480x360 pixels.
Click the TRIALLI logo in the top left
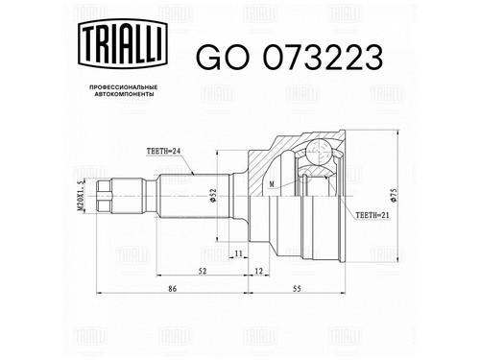click(123, 43)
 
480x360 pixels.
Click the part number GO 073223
click(289, 58)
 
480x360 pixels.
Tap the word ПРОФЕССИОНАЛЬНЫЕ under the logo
click(123, 87)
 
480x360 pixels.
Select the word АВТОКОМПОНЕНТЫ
click(123, 94)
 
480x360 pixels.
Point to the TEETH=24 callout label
click(163, 151)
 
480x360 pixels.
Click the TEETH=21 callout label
click(372, 215)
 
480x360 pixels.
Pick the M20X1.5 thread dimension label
click(81, 195)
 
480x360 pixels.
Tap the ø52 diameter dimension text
click(213, 195)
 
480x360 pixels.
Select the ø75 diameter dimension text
click(394, 195)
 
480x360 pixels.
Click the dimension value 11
click(238, 253)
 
